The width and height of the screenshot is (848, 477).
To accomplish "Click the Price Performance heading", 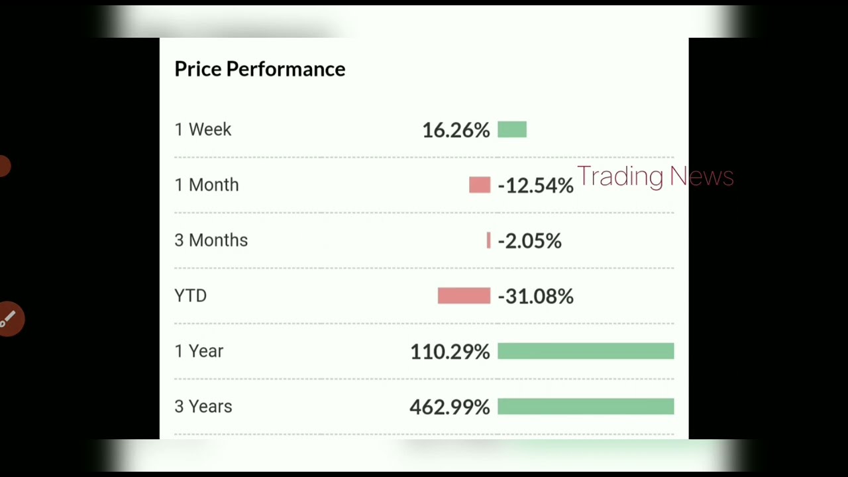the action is pos(260,69).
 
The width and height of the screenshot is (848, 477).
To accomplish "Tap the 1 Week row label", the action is pos(203,129).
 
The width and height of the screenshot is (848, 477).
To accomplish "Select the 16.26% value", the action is pos(456,131).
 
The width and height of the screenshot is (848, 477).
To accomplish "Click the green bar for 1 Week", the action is pos(512,129).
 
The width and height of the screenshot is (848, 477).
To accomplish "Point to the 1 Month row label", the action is pos(207,185).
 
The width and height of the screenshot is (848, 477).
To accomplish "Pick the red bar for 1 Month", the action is pos(480,185).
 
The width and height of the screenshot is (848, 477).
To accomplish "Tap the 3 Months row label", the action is pos(211,240).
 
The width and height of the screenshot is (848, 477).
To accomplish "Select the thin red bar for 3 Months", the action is pos(489,240).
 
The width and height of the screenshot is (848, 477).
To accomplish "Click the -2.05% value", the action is pos(529,241).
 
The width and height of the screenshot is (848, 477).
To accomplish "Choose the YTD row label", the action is pos(191,295).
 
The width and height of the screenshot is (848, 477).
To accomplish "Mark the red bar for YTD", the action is pos(464,295).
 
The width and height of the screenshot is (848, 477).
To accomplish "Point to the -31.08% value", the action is pos(536,296).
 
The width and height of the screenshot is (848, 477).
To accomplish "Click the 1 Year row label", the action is pos(199,351).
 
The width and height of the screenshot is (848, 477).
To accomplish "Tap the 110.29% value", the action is pos(450,352).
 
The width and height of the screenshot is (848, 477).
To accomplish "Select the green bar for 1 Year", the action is pos(586,351).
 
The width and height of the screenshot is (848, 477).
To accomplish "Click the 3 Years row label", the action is pos(203,407).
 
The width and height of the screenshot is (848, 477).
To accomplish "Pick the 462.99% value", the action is pos(450,407).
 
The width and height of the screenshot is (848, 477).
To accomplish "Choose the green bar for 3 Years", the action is pos(586,407).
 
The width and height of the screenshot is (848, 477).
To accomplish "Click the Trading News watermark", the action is pos(655,176).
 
